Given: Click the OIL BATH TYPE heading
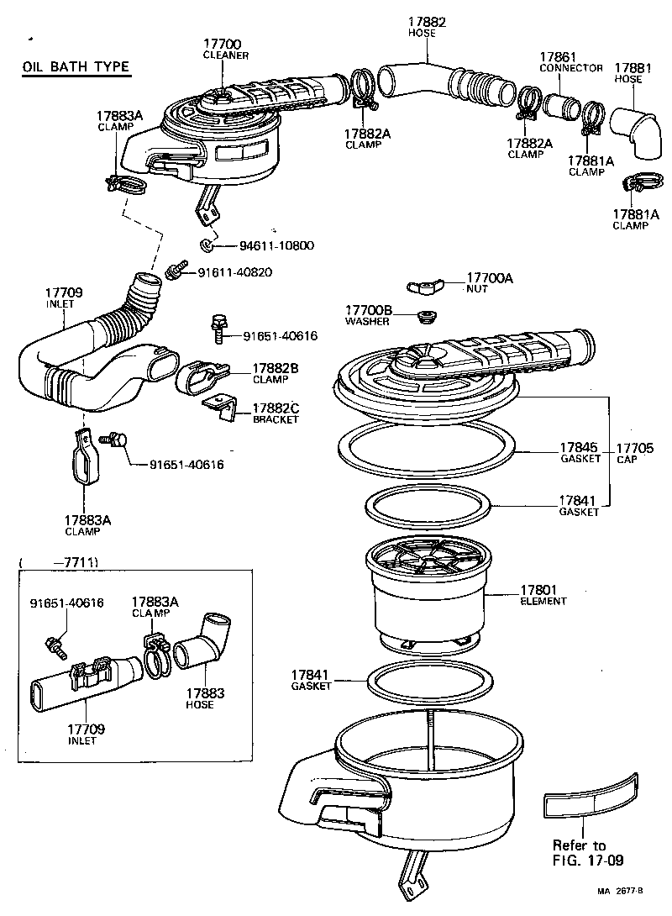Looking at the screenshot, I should coord(76,68).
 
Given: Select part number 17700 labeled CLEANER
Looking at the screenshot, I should coord(222,48).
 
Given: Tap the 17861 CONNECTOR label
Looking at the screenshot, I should coord(570,62).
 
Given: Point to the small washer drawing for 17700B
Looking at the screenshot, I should coord(426,316).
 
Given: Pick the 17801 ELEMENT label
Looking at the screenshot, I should coord(543,595).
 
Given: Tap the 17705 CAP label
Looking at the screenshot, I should coord(634,453).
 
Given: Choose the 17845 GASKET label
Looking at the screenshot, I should coord(580,453).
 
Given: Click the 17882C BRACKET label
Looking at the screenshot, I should coord(276,413).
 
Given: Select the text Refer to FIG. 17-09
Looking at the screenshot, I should coord(579,852).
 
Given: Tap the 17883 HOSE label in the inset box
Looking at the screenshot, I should coord(199,698).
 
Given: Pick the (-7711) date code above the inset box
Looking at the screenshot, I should coord(59,561).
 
